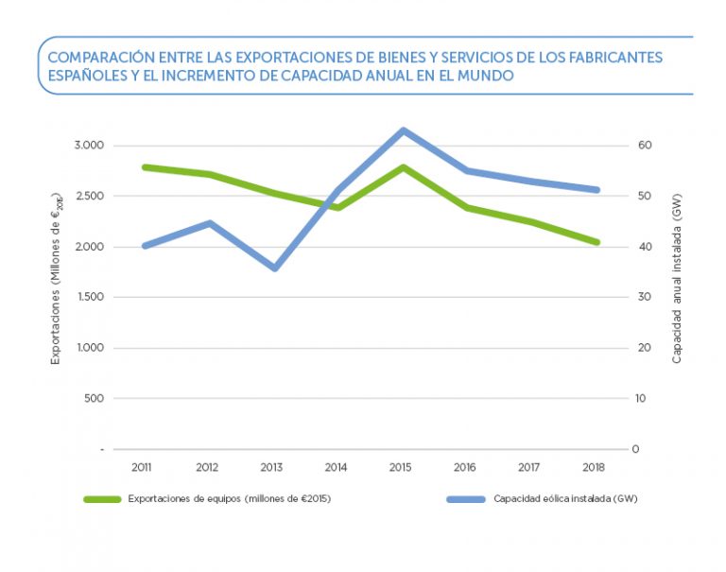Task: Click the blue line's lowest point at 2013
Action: (x=275, y=269)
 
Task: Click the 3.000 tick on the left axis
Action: (x=90, y=146)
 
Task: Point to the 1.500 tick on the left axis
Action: (x=90, y=297)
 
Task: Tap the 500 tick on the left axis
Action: (x=94, y=398)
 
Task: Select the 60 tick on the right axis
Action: (x=646, y=146)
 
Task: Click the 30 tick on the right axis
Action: (x=646, y=297)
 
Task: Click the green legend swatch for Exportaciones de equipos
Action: (x=102, y=498)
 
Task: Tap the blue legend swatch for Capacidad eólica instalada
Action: (x=464, y=498)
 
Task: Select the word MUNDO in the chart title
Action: (x=486, y=76)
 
